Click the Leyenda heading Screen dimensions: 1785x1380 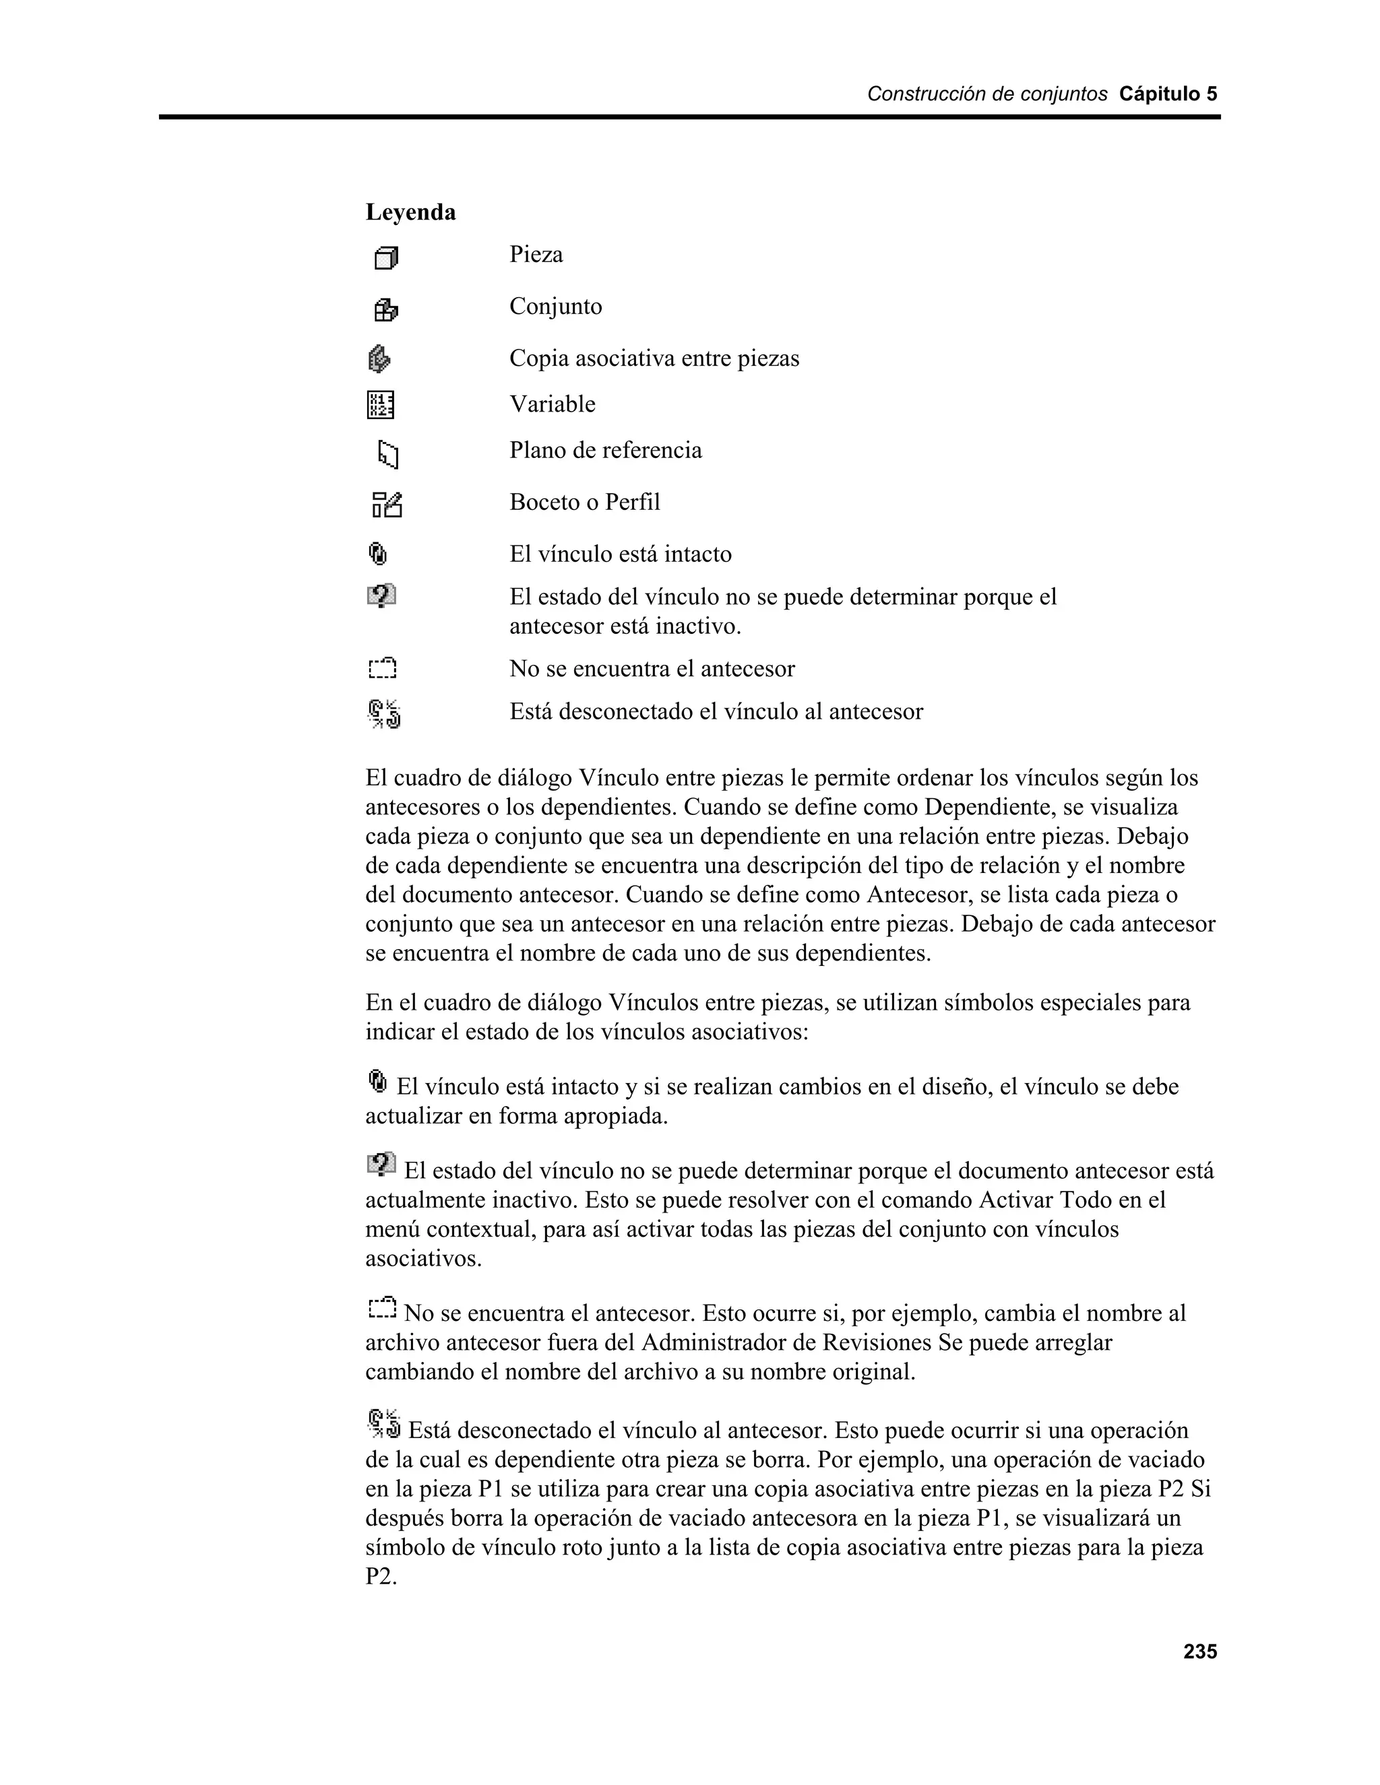410,212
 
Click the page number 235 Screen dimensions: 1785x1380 1199,1652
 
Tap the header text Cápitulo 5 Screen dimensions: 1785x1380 1168,94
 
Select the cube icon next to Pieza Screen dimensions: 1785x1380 386,258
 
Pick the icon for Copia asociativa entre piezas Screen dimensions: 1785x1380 379,359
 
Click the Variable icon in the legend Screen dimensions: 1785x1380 380,405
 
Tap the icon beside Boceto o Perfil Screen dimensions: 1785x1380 387,505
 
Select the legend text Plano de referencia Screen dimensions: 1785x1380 605,451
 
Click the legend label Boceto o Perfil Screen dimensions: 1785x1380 584,502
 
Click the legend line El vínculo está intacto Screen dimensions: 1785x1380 620,554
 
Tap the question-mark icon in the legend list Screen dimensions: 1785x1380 381,596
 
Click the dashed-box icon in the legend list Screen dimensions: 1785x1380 382,669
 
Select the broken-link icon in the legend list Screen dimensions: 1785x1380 384,713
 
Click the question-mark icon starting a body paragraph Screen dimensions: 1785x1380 381,1164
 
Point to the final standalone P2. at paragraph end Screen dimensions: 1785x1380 380,1577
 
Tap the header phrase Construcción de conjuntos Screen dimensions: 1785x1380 986,94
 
